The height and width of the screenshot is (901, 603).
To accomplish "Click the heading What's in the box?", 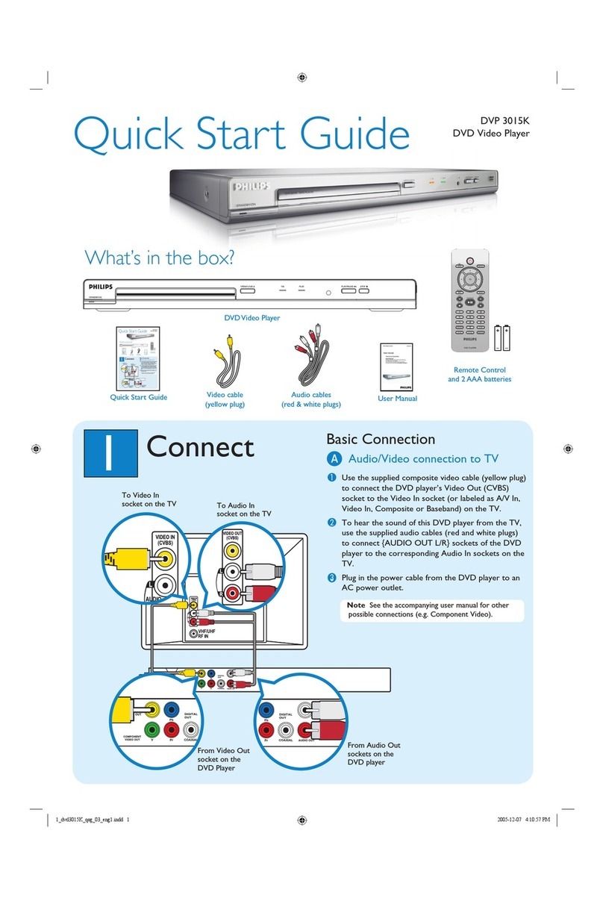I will pos(160,258).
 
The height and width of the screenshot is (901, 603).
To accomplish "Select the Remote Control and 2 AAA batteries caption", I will pos(479,374).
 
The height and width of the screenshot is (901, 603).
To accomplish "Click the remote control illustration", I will pos(470,299).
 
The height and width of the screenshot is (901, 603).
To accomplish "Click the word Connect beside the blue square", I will pos(200,446).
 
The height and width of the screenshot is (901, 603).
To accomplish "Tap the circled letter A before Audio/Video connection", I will pos(335,459).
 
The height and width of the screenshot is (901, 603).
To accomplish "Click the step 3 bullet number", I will pos(334,578).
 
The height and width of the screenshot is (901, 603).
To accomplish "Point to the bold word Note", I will pos(356,605).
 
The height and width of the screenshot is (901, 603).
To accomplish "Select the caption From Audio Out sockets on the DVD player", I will pos(374,754).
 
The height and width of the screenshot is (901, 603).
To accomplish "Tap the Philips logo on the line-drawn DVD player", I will pos(99,284).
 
